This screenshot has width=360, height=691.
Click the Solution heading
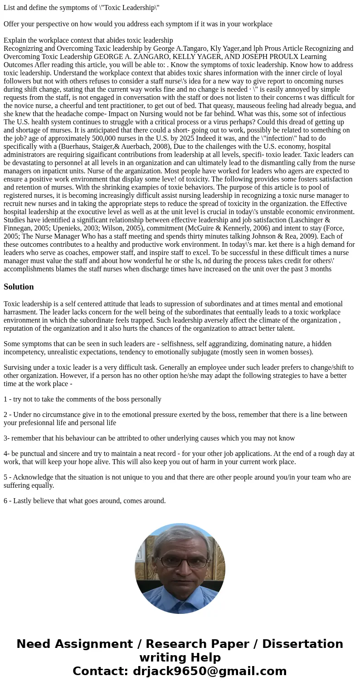[19, 287]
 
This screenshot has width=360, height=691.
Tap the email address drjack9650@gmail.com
[209, 671]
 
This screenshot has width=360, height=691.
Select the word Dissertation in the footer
[302, 644]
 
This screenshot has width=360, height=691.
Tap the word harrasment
[20, 312]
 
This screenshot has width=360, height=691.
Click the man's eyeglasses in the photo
[180, 561]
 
